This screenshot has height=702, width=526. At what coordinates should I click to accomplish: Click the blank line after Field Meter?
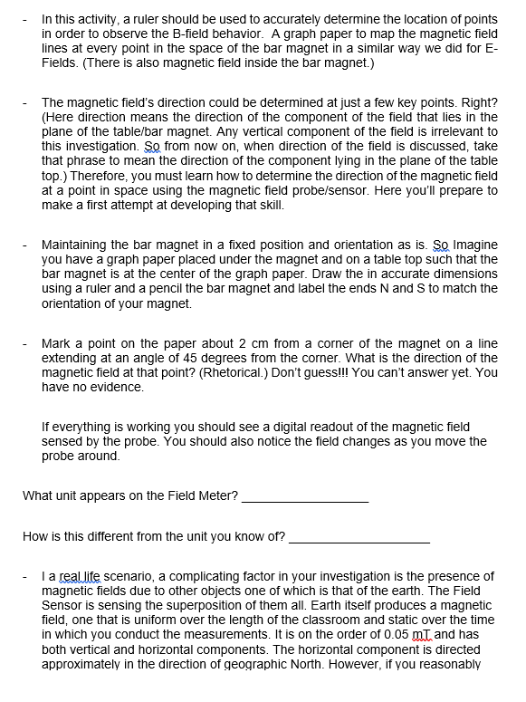[x=306, y=497]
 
